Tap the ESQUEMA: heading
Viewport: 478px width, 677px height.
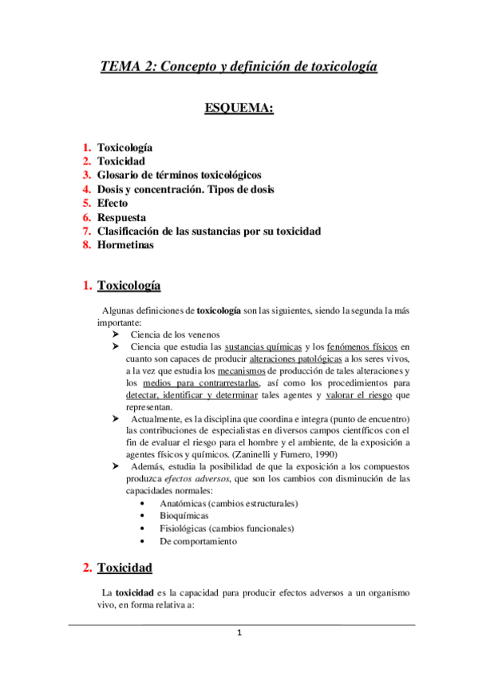239,107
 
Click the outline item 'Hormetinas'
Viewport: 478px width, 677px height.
125,245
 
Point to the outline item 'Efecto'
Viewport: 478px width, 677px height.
113,203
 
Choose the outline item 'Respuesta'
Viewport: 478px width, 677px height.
121,217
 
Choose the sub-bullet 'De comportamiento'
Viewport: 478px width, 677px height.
198,541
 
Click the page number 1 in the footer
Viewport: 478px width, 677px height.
239,633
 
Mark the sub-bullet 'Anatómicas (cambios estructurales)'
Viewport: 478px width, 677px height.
229,504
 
